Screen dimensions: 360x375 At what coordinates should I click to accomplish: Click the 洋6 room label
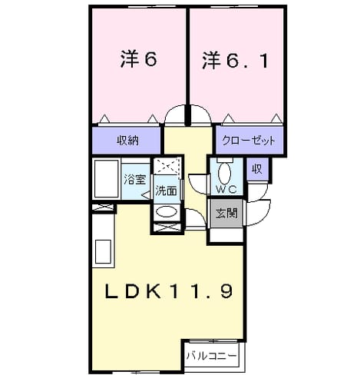click(138, 59)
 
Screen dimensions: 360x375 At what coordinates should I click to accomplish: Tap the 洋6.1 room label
click(235, 61)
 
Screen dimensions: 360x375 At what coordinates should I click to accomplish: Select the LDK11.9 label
click(169, 291)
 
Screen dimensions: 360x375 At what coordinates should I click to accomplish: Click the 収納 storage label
click(128, 141)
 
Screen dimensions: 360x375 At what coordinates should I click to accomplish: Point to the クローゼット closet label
click(249, 141)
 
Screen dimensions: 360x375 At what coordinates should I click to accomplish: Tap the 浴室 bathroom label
click(135, 179)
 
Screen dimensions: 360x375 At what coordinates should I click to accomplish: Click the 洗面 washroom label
click(167, 191)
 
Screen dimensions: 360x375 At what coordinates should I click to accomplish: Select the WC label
click(226, 189)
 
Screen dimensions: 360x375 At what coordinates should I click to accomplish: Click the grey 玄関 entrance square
click(226, 213)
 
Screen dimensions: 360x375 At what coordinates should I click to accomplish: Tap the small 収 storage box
click(258, 169)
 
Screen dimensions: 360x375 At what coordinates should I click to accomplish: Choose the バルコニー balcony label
click(212, 356)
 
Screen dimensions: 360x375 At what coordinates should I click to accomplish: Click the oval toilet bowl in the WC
click(225, 173)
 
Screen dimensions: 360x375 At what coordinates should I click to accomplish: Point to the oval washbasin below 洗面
click(167, 212)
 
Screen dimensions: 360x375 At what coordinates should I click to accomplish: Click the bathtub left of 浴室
click(107, 179)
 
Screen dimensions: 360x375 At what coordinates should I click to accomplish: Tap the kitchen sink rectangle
click(103, 251)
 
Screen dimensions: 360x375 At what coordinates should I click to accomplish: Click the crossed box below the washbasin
click(167, 227)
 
